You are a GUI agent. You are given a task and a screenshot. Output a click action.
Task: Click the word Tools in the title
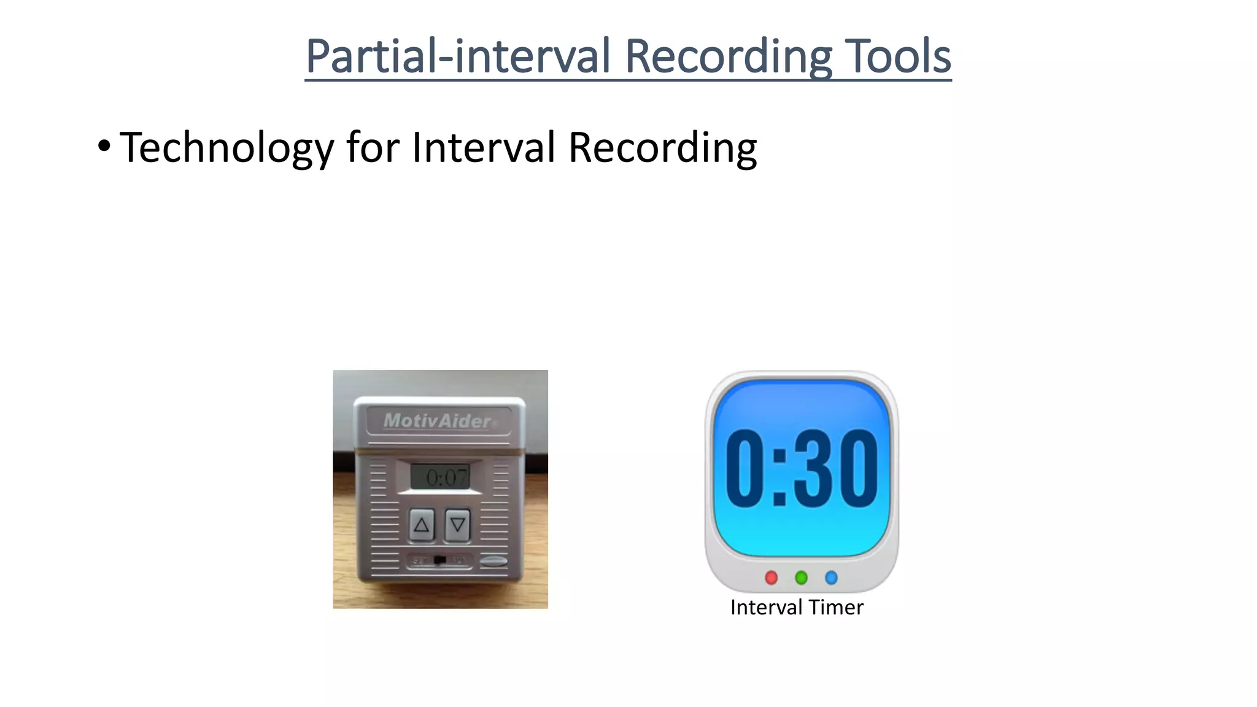pyautogui.click(x=898, y=56)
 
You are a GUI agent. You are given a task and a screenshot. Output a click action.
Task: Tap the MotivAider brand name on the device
pyautogui.click(x=438, y=421)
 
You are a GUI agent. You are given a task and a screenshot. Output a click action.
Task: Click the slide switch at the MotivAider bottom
pyautogui.click(x=439, y=560)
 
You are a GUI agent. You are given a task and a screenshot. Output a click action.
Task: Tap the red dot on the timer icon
pyautogui.click(x=772, y=577)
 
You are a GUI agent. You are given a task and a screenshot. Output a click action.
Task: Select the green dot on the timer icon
pyautogui.click(x=801, y=577)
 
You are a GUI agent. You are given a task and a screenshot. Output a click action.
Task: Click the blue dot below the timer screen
pyautogui.click(x=831, y=577)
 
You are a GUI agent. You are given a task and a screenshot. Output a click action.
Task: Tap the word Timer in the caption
pyautogui.click(x=835, y=608)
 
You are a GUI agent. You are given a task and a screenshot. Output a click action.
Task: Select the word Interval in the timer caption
pyautogui.click(x=767, y=608)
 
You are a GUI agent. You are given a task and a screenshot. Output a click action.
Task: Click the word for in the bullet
pyautogui.click(x=373, y=148)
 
